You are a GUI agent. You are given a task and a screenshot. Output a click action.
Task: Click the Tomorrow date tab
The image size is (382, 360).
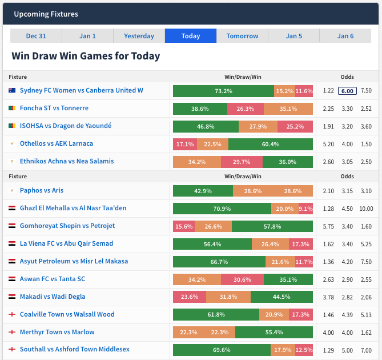coord(242,36)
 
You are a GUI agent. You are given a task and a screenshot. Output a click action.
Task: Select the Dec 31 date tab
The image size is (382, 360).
coord(36,36)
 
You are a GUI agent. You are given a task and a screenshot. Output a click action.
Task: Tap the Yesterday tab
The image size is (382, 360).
coord(139,36)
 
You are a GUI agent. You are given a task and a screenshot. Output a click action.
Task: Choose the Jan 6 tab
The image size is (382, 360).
coord(345,36)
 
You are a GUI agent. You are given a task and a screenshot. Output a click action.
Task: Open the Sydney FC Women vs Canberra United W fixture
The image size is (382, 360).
coord(81,90)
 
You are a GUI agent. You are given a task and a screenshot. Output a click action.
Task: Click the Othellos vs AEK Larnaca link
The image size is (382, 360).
coord(56,143)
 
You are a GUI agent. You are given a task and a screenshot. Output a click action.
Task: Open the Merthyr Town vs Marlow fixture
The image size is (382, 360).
coord(57,332)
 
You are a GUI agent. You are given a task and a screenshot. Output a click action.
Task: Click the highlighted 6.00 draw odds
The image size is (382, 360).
coord(347,91)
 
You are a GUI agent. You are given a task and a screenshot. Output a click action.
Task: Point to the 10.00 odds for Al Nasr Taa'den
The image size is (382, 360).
coord(366,209)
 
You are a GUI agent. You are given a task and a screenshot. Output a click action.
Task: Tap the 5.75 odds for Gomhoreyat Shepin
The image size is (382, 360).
coord(328,226)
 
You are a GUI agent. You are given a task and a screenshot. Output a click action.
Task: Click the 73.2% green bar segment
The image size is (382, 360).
coord(223,91)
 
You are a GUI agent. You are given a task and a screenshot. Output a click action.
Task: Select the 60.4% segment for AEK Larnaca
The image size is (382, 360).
coord(270,144)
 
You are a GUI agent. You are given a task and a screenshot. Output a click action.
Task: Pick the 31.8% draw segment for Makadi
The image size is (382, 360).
coord(228,297)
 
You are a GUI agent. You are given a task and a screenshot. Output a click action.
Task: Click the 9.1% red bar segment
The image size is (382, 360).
coord(305,209)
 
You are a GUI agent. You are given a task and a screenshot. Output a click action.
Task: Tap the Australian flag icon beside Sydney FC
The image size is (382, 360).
coord(12,90)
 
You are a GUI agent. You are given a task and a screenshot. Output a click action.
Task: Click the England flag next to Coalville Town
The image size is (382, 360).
coord(12,314)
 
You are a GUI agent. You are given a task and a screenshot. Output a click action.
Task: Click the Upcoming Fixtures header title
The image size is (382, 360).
coord(46,14)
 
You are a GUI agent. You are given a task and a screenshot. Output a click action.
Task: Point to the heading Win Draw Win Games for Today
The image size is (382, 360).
coord(86,56)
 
